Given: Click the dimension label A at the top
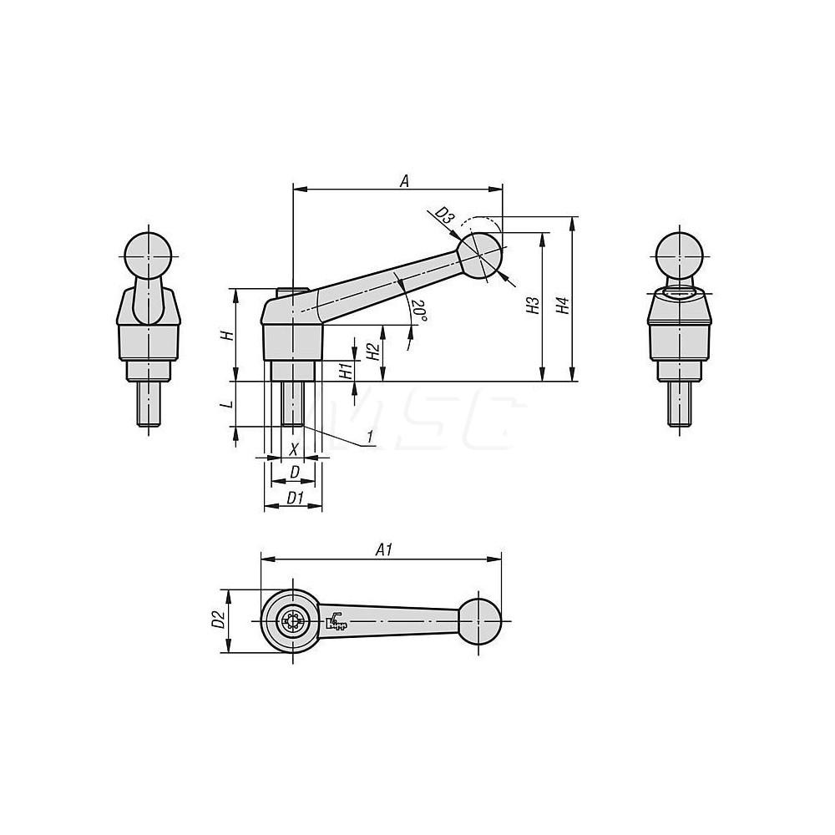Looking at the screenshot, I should coord(404,180).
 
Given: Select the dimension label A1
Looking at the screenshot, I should coord(384,549).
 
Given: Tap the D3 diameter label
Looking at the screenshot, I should coord(444,217).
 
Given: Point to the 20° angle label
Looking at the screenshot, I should coord(419,311).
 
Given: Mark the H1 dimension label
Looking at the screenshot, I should coord(346,371).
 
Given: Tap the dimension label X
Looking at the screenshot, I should coord(293,449).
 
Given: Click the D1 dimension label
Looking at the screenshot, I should coord(293,498).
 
